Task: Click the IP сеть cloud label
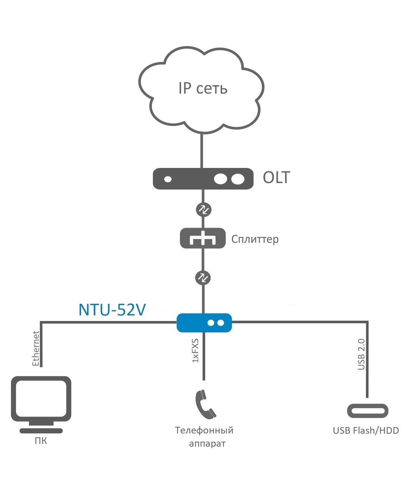(x=203, y=88)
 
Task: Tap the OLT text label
(x=276, y=178)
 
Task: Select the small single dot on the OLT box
(x=168, y=179)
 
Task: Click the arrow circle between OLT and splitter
(x=203, y=209)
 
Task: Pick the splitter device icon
(x=203, y=238)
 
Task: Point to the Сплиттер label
(x=255, y=239)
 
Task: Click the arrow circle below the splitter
(x=203, y=278)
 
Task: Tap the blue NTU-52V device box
(x=204, y=323)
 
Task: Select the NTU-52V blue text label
(x=112, y=310)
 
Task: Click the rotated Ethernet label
(x=36, y=348)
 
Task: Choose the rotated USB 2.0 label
(x=361, y=354)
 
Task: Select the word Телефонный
(x=204, y=430)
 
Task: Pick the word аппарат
(x=207, y=444)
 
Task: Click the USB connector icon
(x=368, y=411)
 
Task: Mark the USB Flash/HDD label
(x=366, y=431)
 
